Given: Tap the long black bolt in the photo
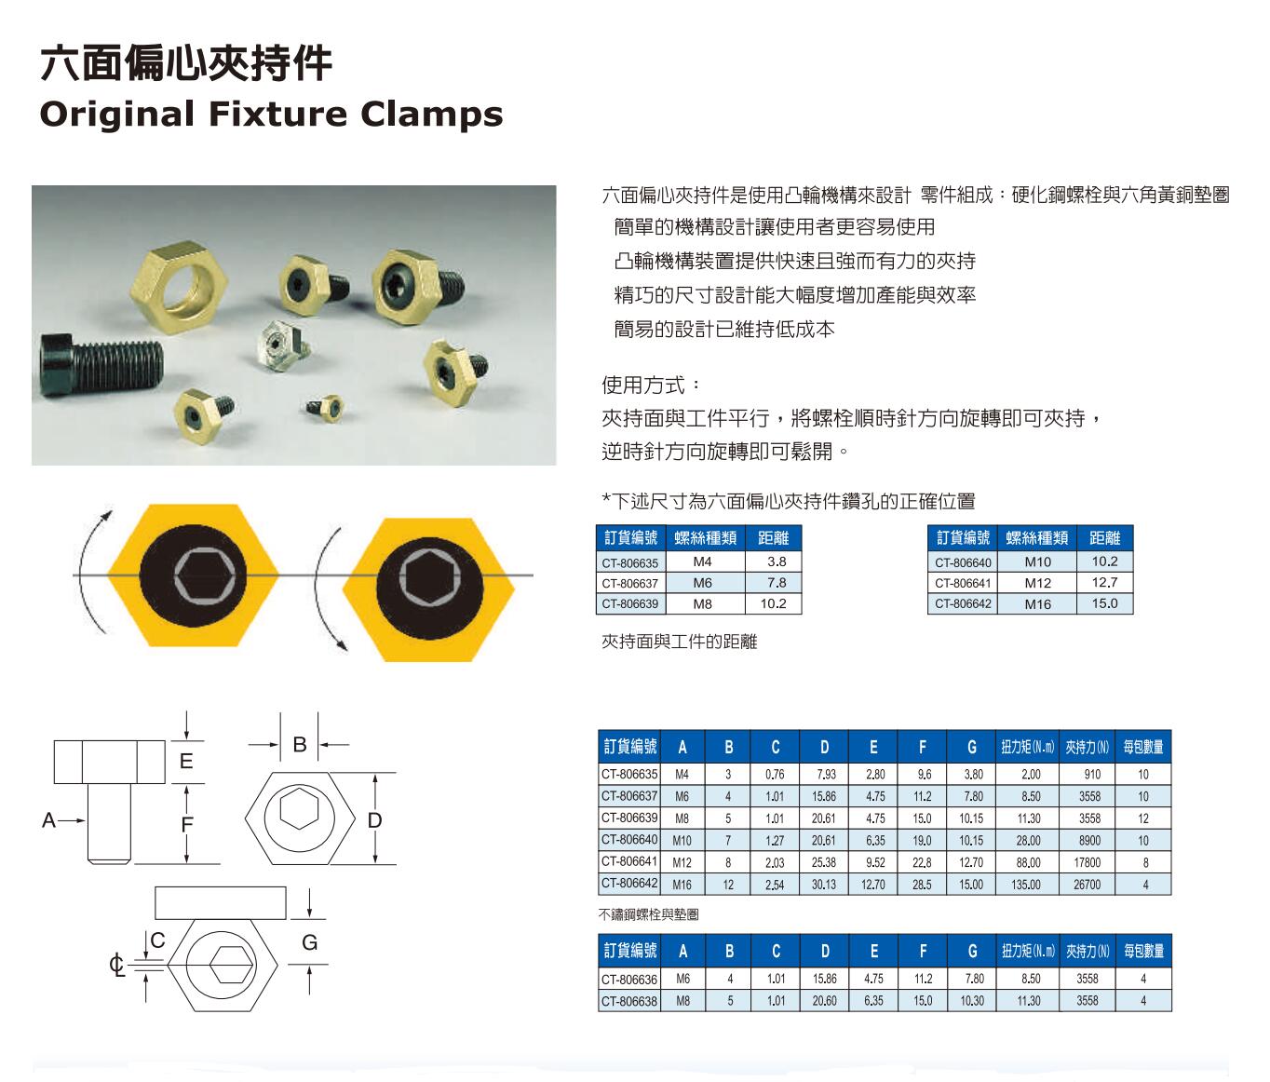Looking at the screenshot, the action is click(101, 364).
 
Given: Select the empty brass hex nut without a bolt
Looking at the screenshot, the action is click(179, 287).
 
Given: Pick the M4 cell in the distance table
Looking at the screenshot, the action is click(702, 561).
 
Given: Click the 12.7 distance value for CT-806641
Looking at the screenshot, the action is click(1104, 583).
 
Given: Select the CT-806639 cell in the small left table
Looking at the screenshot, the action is click(630, 604).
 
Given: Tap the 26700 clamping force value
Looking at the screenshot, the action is click(1087, 885).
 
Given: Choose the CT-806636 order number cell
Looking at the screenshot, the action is click(629, 979).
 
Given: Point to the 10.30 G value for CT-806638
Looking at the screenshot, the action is click(972, 1001).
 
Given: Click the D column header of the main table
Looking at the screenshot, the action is click(825, 747).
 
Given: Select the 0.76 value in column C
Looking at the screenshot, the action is click(775, 774).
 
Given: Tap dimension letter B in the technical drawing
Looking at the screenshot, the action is click(300, 745).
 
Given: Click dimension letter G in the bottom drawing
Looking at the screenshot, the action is click(310, 942).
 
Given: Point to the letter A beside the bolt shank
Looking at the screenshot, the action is click(48, 820).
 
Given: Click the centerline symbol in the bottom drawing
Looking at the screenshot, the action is click(116, 966).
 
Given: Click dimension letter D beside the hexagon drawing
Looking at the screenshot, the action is click(375, 820).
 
